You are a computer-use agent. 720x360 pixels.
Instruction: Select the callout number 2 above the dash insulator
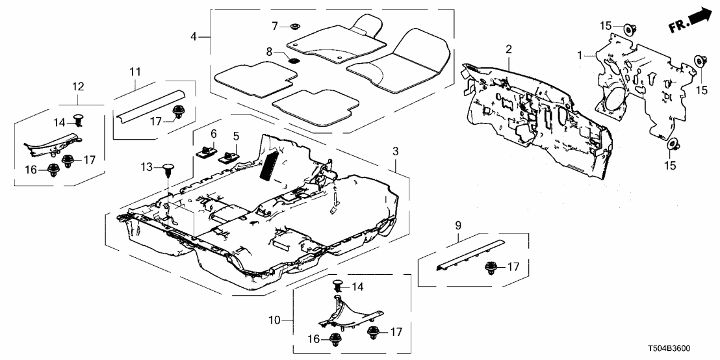[509, 49]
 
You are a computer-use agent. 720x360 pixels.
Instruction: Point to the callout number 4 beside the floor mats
[194, 36]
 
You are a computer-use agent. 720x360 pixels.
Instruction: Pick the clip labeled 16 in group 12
[51, 171]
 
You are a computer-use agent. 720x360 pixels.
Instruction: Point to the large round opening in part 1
[613, 101]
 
